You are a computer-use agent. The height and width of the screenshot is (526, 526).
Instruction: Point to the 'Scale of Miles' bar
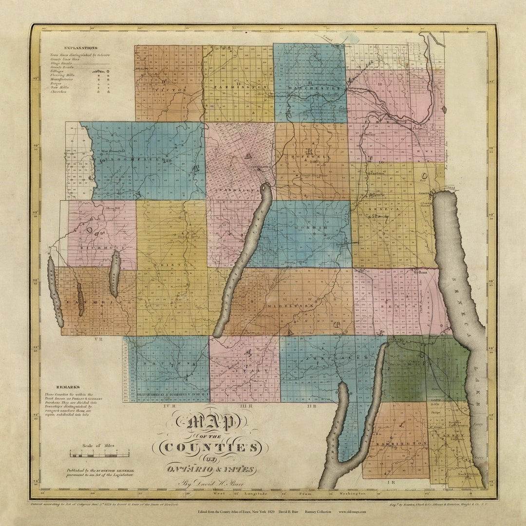point(99,454)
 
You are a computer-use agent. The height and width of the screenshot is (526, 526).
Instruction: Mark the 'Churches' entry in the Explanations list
point(58,92)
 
